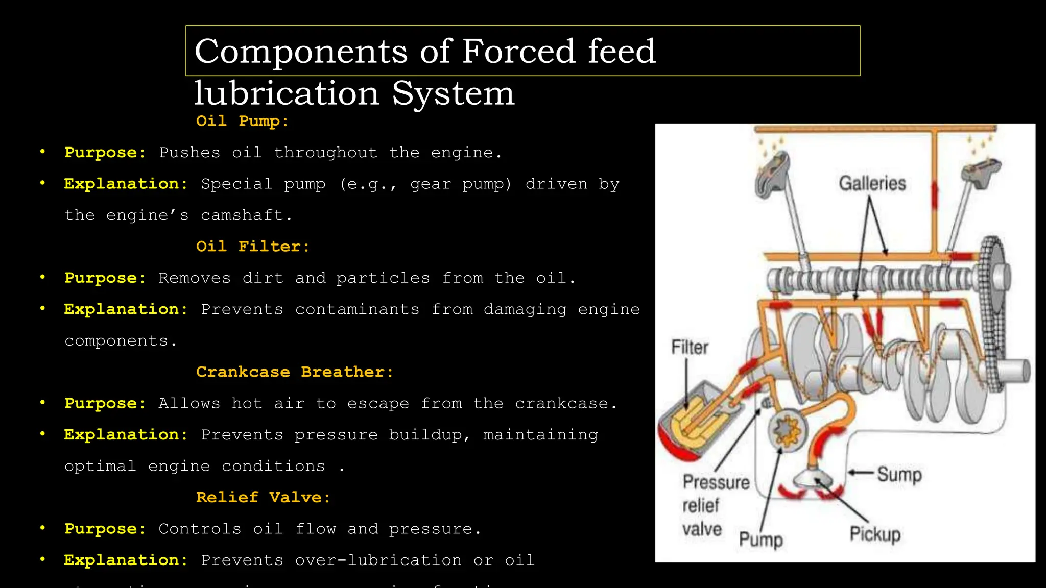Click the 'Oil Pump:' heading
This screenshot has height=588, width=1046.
pos(242,121)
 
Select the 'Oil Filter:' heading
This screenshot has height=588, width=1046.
pos(253,247)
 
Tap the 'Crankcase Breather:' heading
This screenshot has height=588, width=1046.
pos(295,372)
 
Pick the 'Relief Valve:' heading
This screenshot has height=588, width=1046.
pos(263,497)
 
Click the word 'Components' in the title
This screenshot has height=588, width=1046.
pos(301,51)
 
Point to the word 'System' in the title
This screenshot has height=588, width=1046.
pos(453,93)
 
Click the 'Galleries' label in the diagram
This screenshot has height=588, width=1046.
pos(872,183)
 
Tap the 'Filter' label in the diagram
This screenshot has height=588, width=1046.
pos(690,348)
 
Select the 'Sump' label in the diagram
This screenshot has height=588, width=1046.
pos(899,474)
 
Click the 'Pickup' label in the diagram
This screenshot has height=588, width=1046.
pos(875,534)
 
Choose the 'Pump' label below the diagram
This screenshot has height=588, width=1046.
pos(760,540)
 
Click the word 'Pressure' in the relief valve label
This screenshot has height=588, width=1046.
pos(716,482)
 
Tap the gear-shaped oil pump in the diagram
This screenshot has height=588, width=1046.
pos(787,429)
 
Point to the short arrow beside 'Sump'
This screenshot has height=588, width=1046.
pos(861,473)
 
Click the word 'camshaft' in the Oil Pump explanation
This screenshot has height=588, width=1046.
pos(242,215)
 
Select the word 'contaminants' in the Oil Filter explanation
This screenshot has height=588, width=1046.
pos(357,309)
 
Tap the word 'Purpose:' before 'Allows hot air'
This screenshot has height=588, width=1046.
pos(105,403)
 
